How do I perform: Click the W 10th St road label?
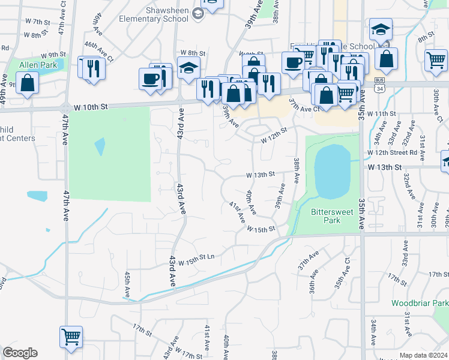(91, 107)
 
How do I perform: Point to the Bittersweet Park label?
(326, 216)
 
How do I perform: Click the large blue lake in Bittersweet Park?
(332, 171)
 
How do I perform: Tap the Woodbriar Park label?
(420, 304)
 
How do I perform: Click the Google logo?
(20, 353)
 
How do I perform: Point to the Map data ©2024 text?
(424, 355)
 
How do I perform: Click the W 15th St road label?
(260, 229)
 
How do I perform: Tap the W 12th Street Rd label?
(393, 152)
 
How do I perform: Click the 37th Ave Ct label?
(304, 109)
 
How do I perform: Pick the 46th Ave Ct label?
(99, 49)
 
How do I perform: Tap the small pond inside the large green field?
(99, 146)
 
